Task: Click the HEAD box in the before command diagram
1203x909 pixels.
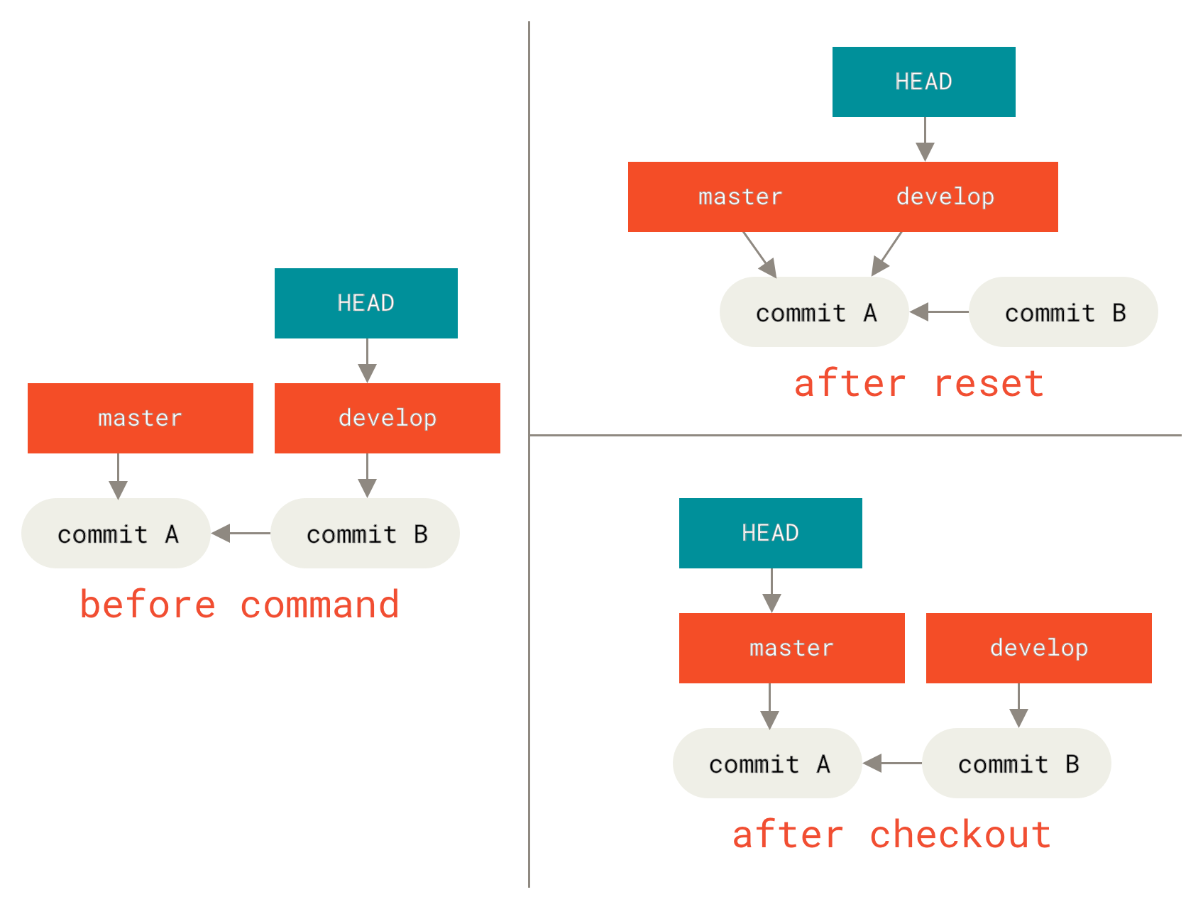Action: (366, 303)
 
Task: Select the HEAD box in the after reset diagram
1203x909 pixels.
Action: (923, 82)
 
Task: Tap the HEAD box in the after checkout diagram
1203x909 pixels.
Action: (770, 533)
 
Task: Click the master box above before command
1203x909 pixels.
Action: (140, 418)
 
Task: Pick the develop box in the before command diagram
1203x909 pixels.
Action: (387, 418)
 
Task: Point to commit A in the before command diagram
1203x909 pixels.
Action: (116, 534)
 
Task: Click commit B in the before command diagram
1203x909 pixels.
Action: (365, 534)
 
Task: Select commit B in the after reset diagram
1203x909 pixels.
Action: (1063, 312)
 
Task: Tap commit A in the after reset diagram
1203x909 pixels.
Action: (814, 312)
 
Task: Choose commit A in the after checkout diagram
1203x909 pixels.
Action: (767, 764)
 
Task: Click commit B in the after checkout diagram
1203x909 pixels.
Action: (1016, 764)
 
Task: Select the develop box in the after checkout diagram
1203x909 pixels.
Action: (1038, 648)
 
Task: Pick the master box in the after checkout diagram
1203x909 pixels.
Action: (791, 648)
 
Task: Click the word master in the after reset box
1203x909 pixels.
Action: (740, 197)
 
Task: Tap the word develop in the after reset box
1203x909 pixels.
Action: (945, 197)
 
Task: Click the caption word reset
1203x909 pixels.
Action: (988, 384)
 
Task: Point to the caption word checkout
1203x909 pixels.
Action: (960, 834)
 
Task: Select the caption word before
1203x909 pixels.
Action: (148, 605)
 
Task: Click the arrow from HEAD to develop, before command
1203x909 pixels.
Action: (367, 360)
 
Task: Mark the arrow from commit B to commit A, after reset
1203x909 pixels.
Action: (939, 312)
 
